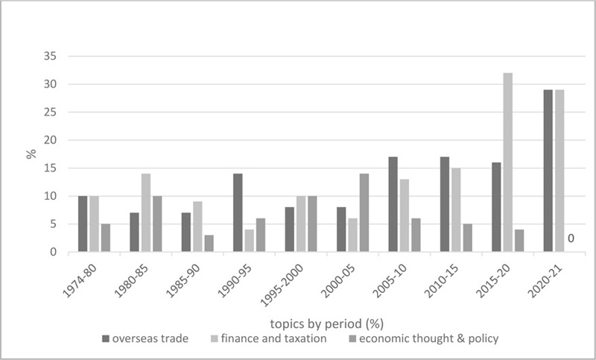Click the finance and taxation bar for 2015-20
click(507, 162)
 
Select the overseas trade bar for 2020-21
click(548, 171)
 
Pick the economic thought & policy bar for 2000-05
click(364, 213)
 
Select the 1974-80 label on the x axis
click(86, 277)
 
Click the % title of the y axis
click(31, 154)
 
